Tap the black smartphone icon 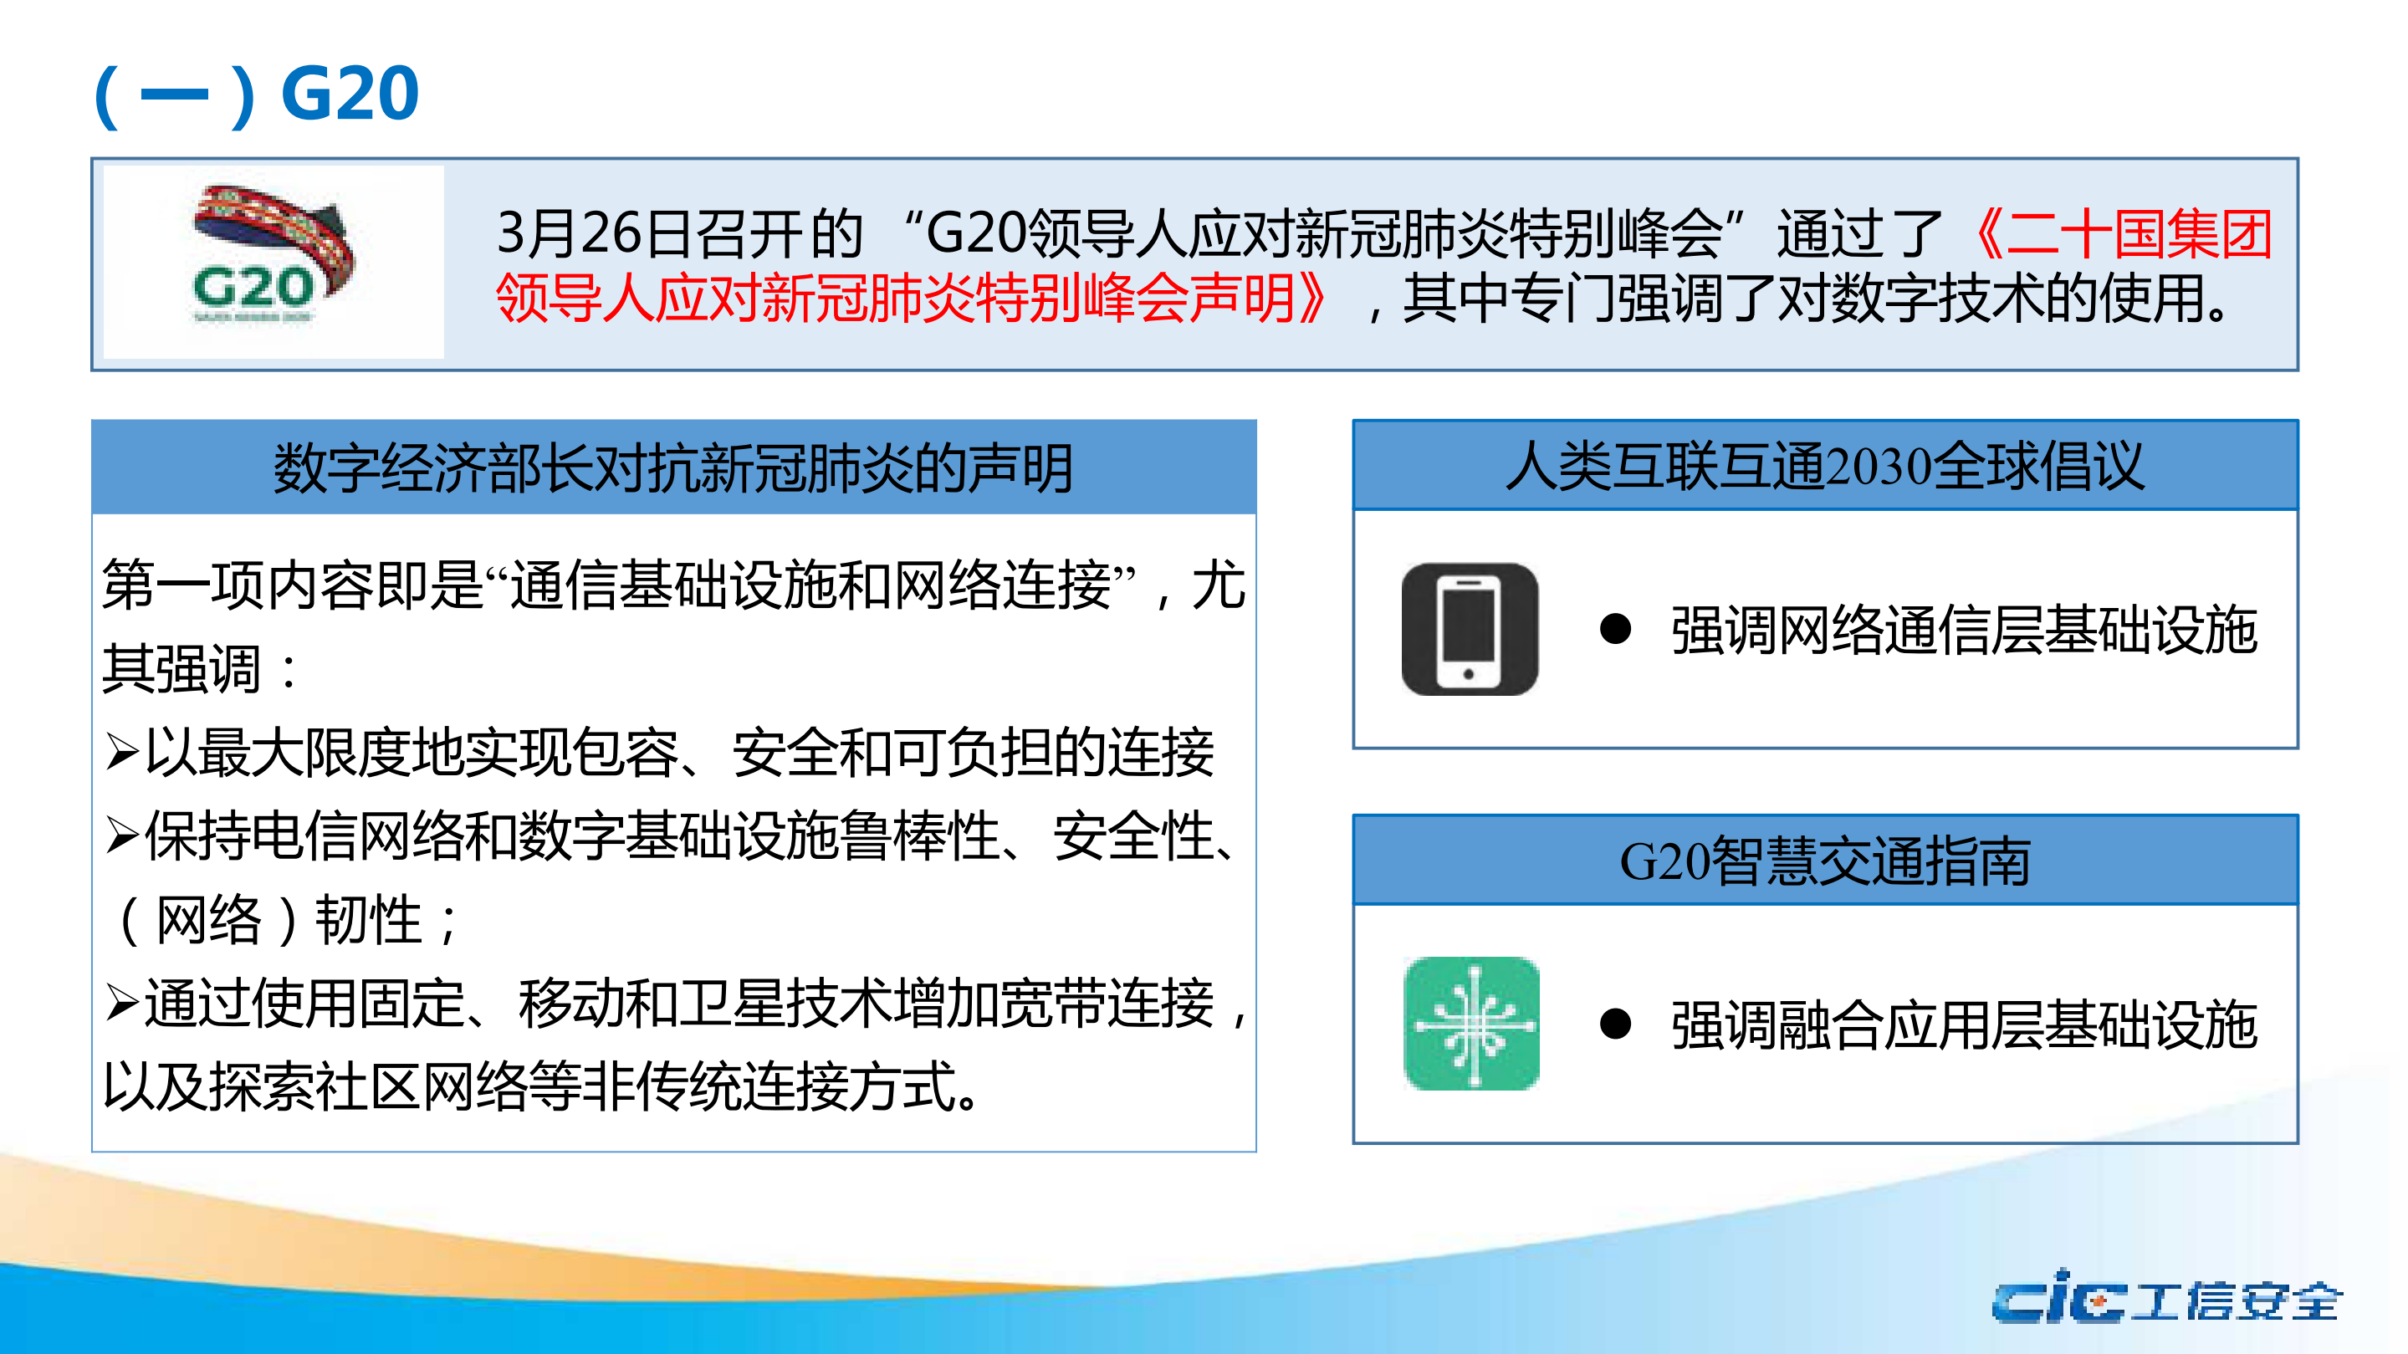[x=1470, y=629]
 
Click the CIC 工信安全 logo [x=2165, y=1299]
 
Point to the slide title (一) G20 [x=257, y=95]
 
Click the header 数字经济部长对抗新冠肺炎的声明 [x=673, y=468]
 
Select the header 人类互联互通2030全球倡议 [x=1825, y=465]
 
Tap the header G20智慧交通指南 [x=1825, y=861]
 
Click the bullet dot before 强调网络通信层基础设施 [x=1614, y=629]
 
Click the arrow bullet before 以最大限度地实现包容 [x=122, y=751]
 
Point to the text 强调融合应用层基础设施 [x=1964, y=1024]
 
